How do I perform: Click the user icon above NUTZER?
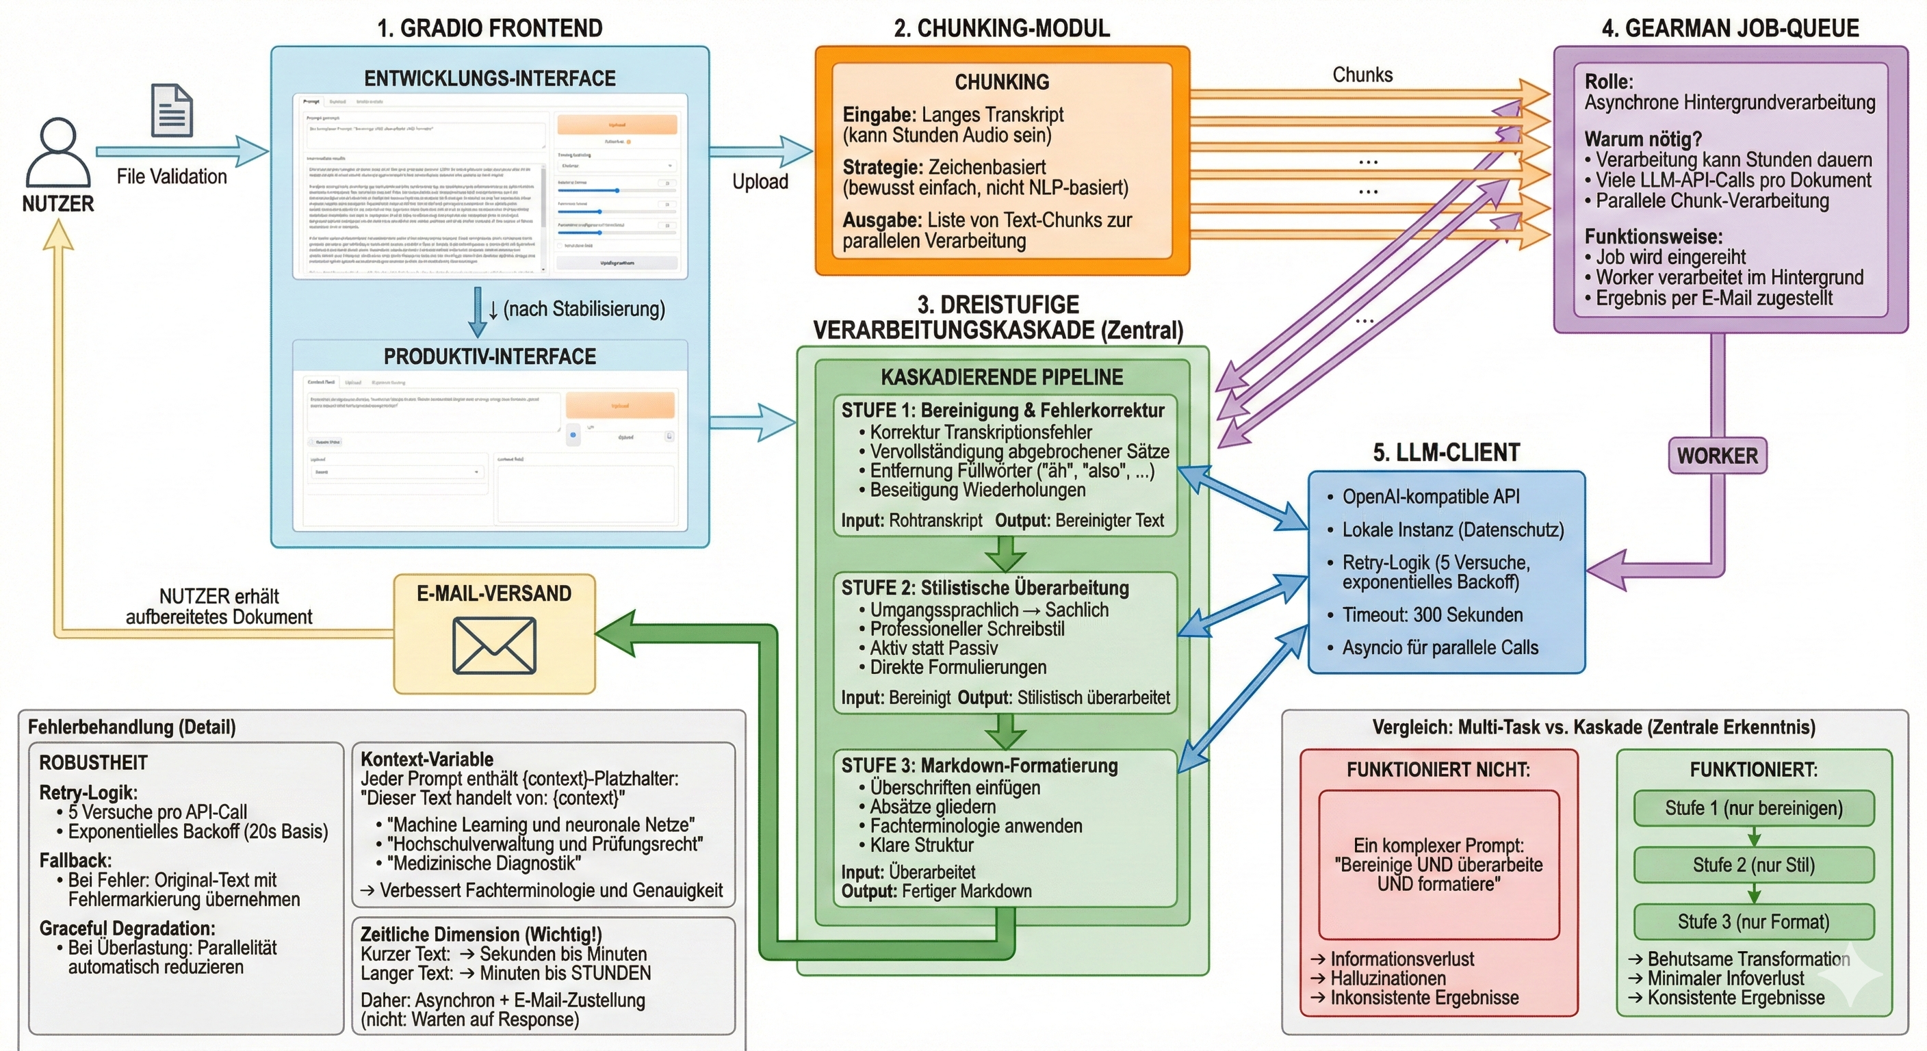(x=57, y=153)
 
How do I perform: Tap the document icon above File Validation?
(x=171, y=110)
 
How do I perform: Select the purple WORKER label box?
(x=1717, y=456)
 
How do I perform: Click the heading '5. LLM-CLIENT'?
(x=1446, y=452)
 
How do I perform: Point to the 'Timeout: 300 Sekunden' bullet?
(x=1432, y=615)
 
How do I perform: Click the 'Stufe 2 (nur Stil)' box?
(x=1753, y=865)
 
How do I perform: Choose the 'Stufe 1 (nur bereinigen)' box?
(x=1753, y=808)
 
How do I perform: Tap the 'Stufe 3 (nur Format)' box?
(x=1753, y=922)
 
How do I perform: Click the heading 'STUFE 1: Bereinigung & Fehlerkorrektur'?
(x=1003, y=410)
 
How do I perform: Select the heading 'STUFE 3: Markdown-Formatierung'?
(x=979, y=765)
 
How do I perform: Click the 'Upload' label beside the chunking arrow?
(x=760, y=182)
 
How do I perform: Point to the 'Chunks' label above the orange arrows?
(x=1362, y=75)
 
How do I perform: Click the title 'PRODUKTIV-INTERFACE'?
(x=490, y=356)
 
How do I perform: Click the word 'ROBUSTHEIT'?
(x=94, y=763)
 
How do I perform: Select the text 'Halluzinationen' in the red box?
(x=1388, y=978)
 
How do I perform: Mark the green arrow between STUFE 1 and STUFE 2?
(x=1005, y=554)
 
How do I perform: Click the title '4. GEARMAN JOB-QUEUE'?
(x=1730, y=29)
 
